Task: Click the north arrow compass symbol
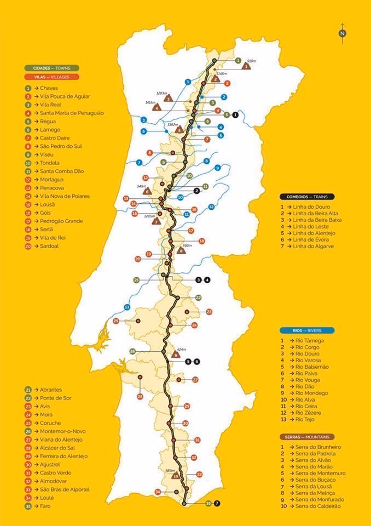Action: (x=342, y=32)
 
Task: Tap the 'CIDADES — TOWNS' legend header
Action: (x=51, y=68)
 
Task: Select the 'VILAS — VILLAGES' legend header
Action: (x=51, y=77)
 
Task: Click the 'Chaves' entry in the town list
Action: (x=48, y=88)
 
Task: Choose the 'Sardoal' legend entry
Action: (x=49, y=246)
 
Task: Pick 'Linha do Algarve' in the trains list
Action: (x=316, y=247)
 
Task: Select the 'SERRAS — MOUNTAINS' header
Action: (x=306, y=437)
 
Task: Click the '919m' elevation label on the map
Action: (x=252, y=61)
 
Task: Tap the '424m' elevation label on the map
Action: (x=182, y=349)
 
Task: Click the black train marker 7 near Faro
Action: (x=217, y=503)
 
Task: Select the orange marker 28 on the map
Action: (x=140, y=397)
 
